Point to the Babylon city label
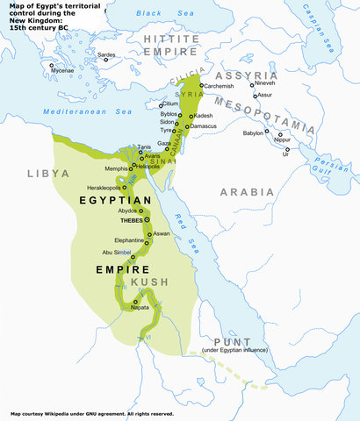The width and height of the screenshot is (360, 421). point(254,133)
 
